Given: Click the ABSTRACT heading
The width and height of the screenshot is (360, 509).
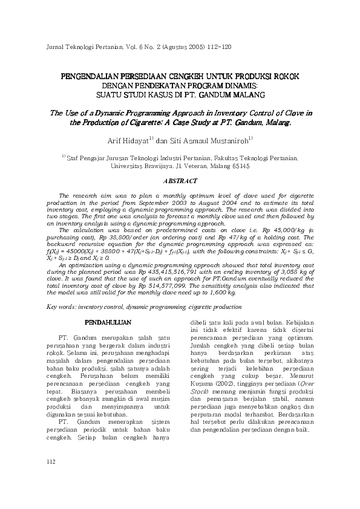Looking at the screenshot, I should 180,181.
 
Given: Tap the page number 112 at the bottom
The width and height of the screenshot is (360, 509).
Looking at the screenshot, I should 50,479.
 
